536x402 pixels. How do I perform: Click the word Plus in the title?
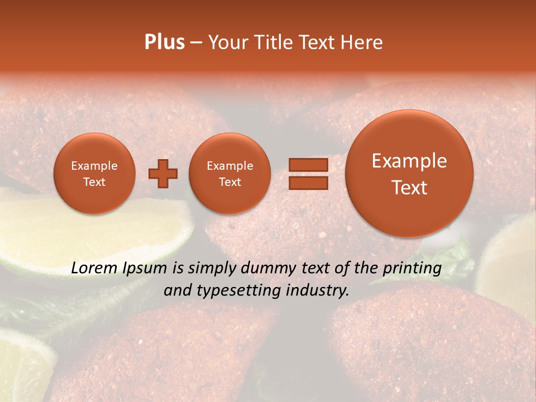click(x=164, y=42)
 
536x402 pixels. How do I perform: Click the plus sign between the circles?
click(x=163, y=174)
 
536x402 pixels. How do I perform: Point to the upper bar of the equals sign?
click(x=308, y=165)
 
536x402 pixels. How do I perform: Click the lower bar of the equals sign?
click(x=308, y=183)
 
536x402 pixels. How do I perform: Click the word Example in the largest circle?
click(x=409, y=161)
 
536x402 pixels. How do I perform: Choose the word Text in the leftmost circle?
click(x=94, y=182)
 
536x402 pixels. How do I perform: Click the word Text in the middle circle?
click(x=229, y=182)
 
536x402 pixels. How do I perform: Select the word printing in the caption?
click(x=412, y=268)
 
